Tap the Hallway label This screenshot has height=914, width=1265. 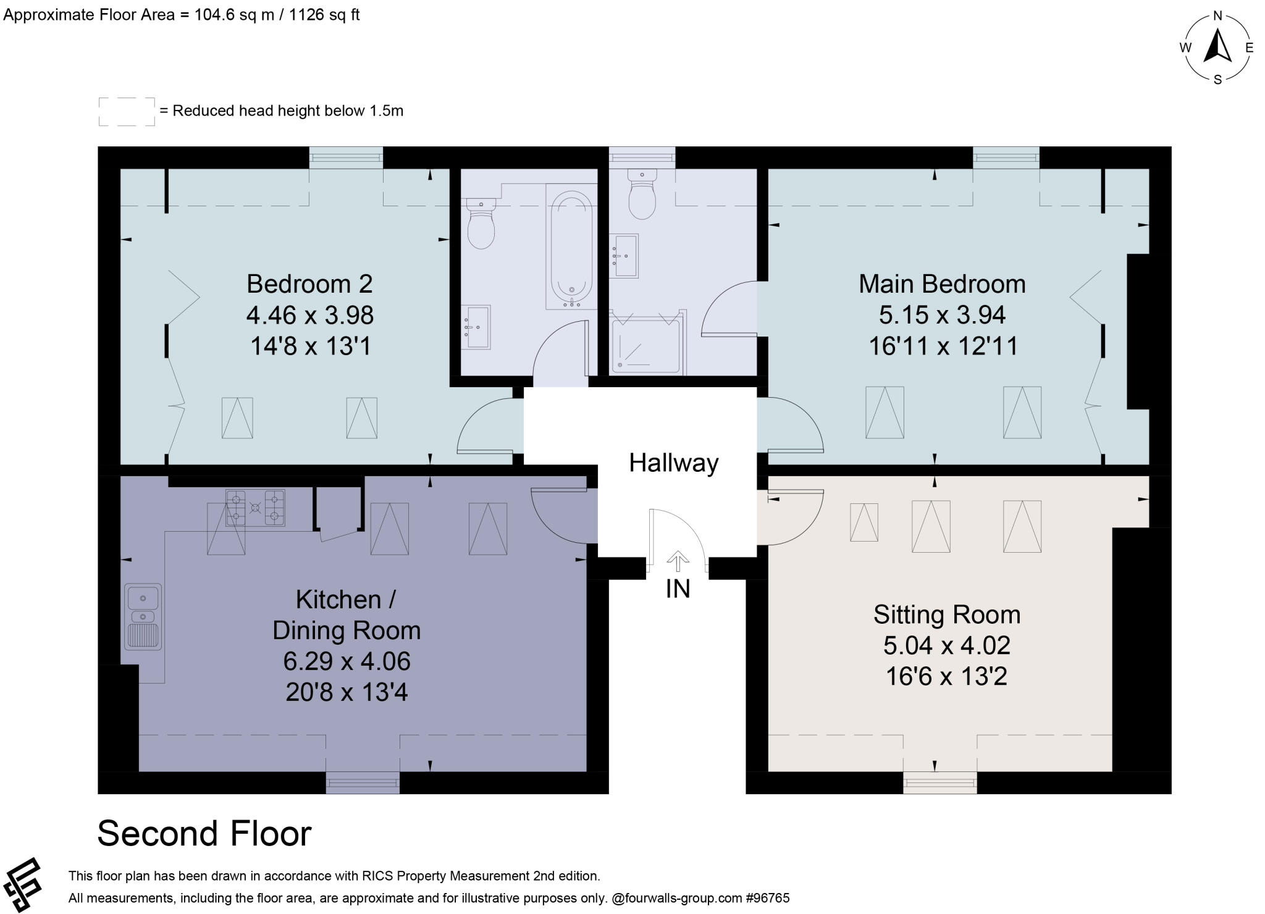coord(673,463)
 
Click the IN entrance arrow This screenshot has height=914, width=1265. coord(678,561)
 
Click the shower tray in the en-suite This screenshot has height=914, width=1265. coord(645,346)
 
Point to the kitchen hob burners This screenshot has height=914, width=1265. coord(255,508)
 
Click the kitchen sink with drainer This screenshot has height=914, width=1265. coord(143,616)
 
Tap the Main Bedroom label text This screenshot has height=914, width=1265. coord(941,284)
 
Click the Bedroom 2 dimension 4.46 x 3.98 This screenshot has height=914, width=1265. coord(309,316)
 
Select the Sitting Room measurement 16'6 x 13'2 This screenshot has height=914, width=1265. coord(946,676)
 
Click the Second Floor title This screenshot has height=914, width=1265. coord(204,833)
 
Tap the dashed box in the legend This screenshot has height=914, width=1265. coord(127,112)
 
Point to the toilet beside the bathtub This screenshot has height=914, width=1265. coord(481,224)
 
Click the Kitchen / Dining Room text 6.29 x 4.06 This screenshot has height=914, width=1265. coord(347,661)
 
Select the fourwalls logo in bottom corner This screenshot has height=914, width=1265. coord(22,885)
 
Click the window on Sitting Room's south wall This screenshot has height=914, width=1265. coord(939,782)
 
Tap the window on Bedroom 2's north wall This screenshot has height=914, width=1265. coord(346,157)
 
